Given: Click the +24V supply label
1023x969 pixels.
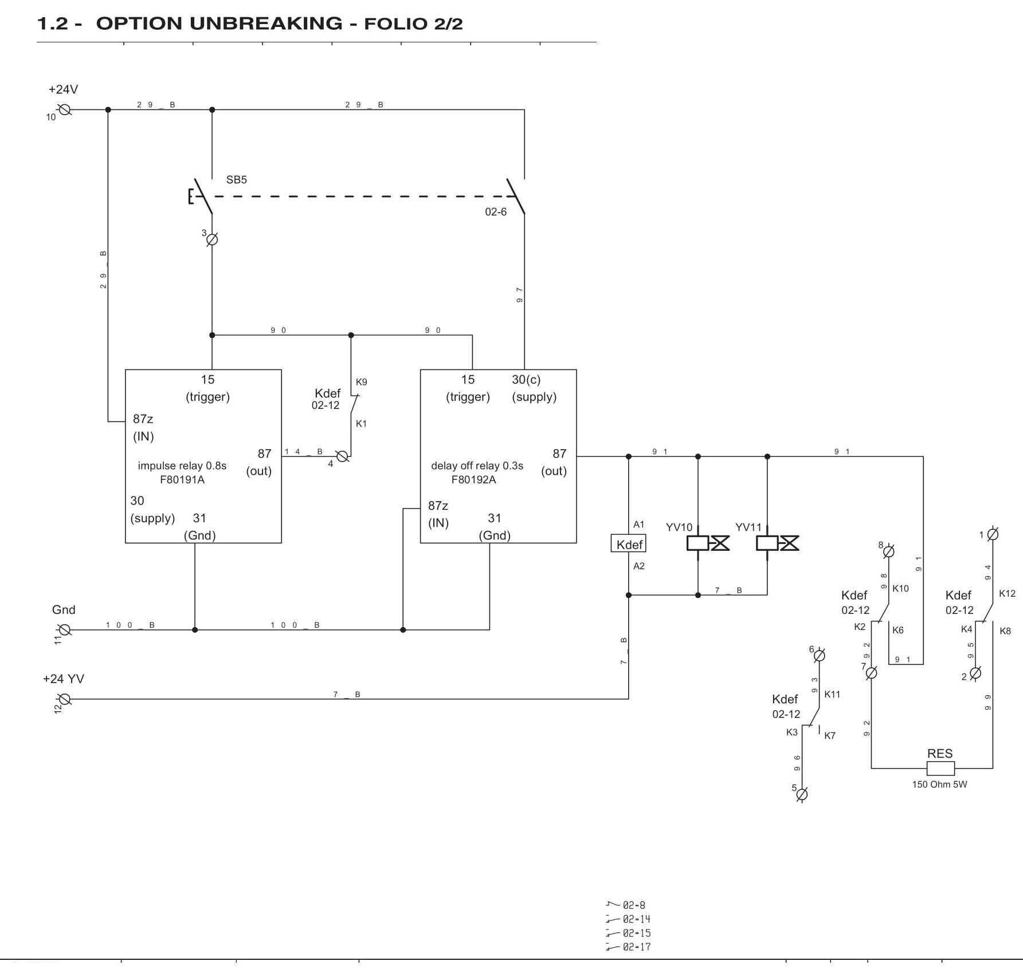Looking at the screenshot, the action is coord(63,89).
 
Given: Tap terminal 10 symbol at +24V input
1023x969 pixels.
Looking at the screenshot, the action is coord(65,109).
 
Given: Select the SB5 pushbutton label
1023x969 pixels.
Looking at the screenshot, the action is coord(236,180).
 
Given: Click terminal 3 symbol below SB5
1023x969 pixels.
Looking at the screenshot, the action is coord(212,239).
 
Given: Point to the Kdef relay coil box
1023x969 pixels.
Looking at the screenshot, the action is coord(629,543).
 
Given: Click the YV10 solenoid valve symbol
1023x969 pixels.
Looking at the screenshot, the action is coord(708,543).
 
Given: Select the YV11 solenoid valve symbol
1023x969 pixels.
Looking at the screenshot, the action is coord(777,543).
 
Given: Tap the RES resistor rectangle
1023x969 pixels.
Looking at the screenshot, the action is coord(940,768).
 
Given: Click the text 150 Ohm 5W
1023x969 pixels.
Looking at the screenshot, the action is coord(939,785).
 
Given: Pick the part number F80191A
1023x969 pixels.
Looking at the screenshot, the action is coord(182,480).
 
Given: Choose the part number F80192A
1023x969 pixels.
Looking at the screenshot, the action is coord(473,480).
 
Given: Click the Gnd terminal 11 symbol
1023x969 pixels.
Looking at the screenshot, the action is coord(65,630).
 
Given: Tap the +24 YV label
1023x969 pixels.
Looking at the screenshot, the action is coord(64,679).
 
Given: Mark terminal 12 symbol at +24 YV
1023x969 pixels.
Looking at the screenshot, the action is coord(65,699).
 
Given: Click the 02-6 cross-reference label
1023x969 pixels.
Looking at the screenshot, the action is coord(496,212).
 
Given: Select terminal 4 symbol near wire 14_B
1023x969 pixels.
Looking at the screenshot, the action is coord(342,456).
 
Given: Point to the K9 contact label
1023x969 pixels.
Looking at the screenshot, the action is coord(361,382).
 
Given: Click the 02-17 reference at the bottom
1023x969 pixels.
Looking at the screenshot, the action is coord(637,947).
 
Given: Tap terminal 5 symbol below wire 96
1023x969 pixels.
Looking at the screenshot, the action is coord(802,794).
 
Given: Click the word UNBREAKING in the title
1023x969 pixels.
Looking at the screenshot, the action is coord(266,23).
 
